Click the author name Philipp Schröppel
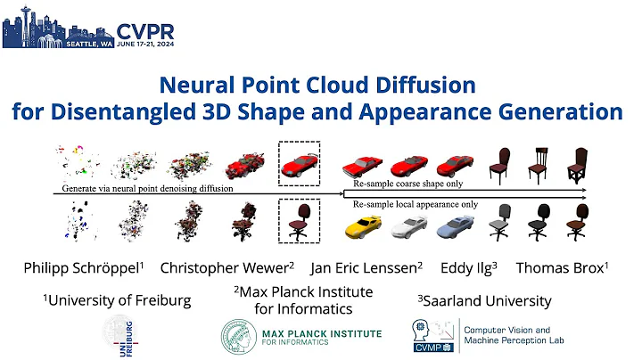(81, 267)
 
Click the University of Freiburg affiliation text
(117, 300)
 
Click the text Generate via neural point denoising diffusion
(146, 189)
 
